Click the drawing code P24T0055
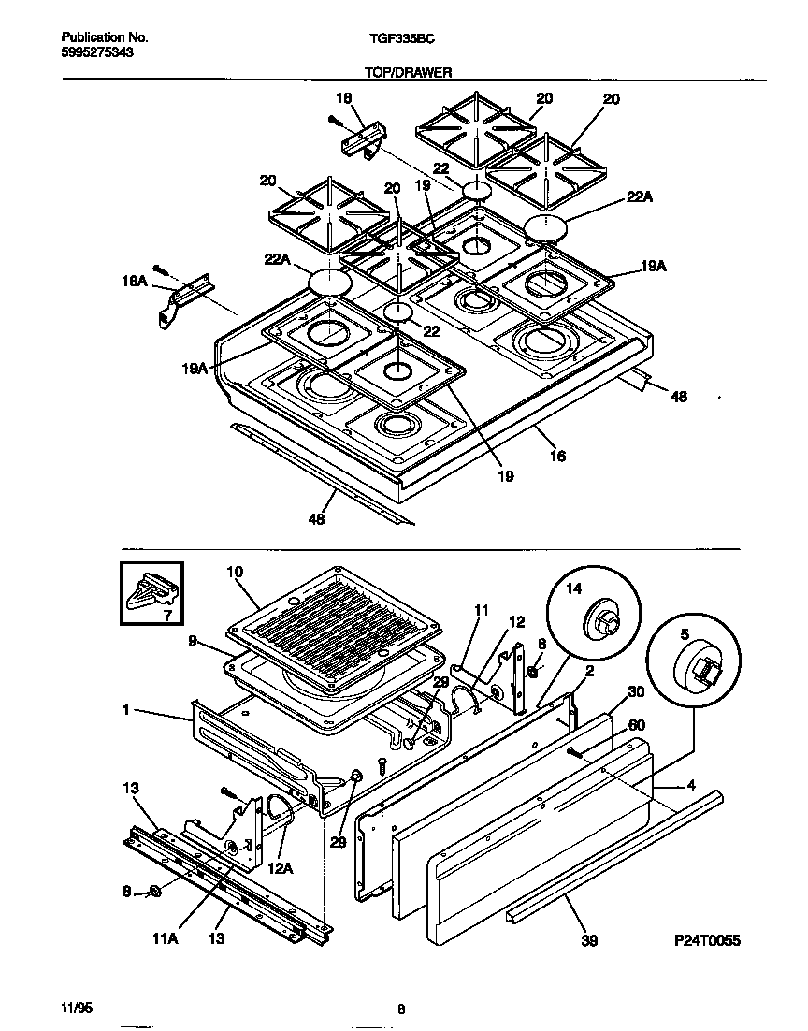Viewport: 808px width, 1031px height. pos(704,940)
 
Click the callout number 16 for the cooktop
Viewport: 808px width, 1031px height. pos(557,457)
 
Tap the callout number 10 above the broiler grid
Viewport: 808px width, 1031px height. pos(234,572)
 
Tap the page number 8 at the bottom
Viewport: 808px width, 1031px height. pos(401,1009)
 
